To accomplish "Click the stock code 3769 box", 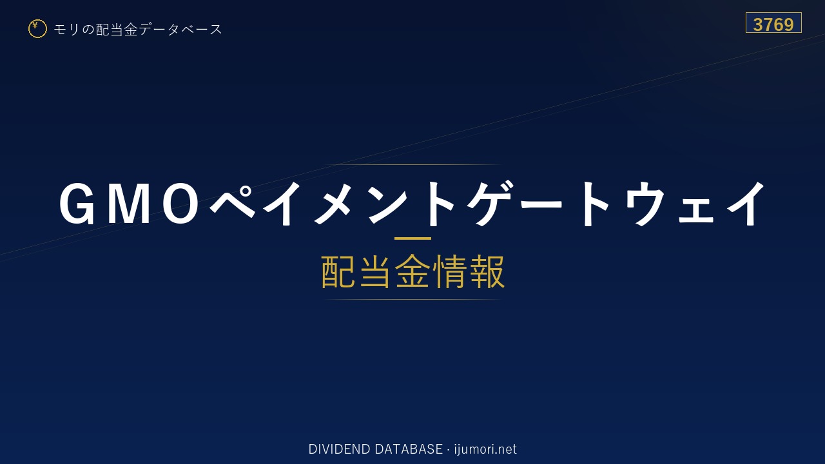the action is [773, 23].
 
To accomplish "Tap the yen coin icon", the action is [37, 29].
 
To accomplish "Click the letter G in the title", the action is [76, 203].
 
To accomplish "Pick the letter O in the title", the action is [180, 203].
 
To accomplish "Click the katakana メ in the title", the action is [333, 203].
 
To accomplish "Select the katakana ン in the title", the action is [389, 203].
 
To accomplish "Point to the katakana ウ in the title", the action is [645, 203].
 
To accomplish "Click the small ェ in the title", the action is [696, 211].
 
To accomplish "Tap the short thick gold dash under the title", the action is [412, 238].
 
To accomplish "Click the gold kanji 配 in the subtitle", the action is [338, 271].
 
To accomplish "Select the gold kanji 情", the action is [450, 271].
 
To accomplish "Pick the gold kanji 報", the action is [487, 271].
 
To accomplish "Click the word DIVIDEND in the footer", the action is [339, 449].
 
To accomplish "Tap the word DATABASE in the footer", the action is [409, 449].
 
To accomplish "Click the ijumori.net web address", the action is [485, 449].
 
